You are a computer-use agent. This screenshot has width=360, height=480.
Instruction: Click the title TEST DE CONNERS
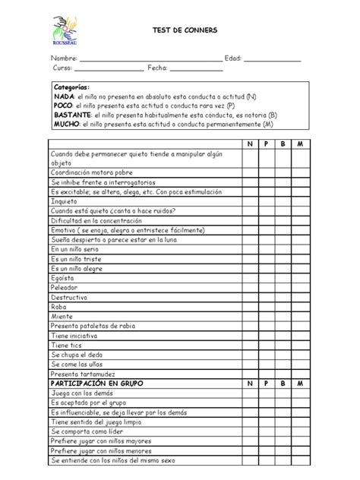(x=185, y=30)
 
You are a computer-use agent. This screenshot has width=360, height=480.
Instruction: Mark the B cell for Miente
(x=284, y=316)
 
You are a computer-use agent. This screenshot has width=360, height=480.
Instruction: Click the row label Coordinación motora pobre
(x=91, y=172)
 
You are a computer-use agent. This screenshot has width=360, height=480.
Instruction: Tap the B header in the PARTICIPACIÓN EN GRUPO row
(x=284, y=384)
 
